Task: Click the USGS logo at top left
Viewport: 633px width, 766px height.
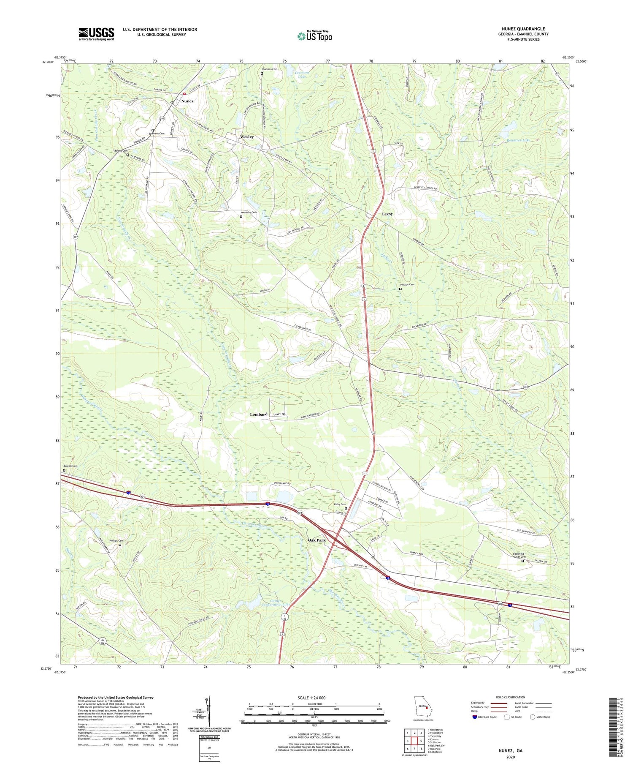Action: (96, 34)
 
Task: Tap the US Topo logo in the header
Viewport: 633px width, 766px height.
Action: (314, 36)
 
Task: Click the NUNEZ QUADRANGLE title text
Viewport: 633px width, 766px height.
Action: (521, 29)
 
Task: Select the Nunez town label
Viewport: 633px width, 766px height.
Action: (187, 101)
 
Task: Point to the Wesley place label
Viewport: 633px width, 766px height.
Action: (247, 137)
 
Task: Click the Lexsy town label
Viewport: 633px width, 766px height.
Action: (387, 214)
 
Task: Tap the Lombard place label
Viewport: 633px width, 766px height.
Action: (258, 414)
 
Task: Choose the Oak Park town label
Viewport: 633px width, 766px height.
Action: (316, 540)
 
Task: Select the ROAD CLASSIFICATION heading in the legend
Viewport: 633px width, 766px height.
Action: (511, 697)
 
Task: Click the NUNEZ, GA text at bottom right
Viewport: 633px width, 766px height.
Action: (511, 751)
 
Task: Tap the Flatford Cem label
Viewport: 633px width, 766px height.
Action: (119, 150)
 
